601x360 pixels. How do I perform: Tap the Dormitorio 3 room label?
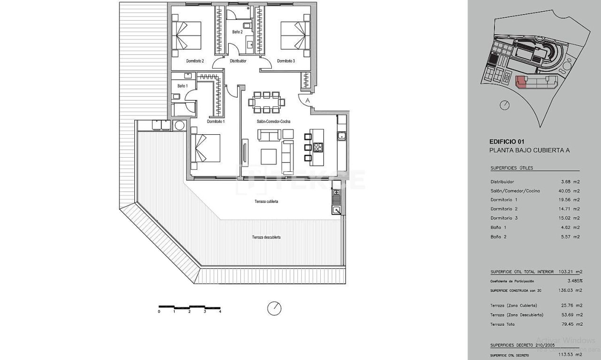click(286, 61)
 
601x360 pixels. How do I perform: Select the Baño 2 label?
click(237, 32)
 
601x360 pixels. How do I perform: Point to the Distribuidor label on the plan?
click(238, 61)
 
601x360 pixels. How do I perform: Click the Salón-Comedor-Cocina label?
click(273, 122)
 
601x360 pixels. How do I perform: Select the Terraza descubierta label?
click(266, 237)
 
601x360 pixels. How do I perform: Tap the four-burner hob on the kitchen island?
click(318, 147)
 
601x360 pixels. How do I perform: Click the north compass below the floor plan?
click(274, 308)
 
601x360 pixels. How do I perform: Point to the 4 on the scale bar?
click(220, 312)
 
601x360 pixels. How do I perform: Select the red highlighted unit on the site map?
click(521, 83)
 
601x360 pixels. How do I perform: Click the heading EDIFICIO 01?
click(506, 141)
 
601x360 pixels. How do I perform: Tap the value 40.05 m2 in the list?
click(570, 191)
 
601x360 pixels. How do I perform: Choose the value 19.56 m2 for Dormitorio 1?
click(570, 200)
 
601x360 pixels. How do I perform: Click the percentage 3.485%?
click(574, 281)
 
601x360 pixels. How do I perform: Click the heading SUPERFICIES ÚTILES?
click(512, 168)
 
